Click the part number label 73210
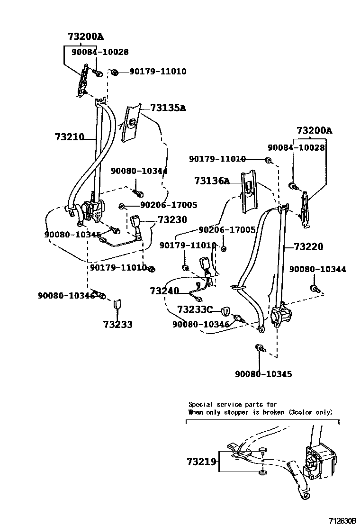click(x=69, y=137)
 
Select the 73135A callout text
click(x=168, y=108)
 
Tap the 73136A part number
click(x=211, y=181)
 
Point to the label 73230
click(x=172, y=220)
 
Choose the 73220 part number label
click(x=308, y=246)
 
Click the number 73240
click(x=164, y=291)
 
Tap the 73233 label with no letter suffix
click(x=117, y=325)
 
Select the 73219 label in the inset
click(x=201, y=461)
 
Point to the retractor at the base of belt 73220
click(x=281, y=315)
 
